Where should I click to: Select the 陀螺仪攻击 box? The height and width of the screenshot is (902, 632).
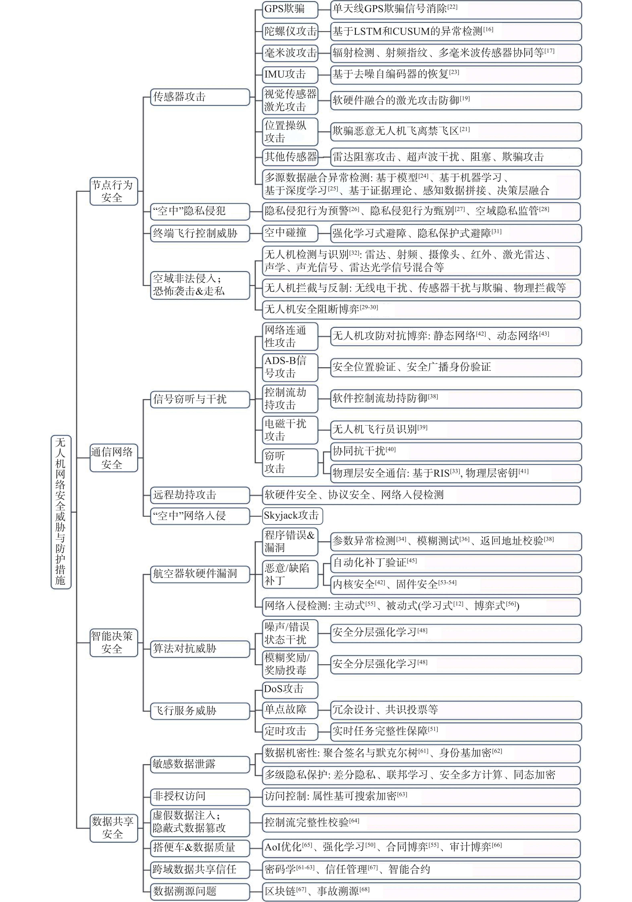[x=290, y=31]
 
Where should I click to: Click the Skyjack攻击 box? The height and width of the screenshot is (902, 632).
[x=293, y=516]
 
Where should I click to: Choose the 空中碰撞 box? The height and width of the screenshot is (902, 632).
[x=290, y=233]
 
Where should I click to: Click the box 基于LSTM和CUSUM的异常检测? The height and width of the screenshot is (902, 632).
[x=456, y=31]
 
